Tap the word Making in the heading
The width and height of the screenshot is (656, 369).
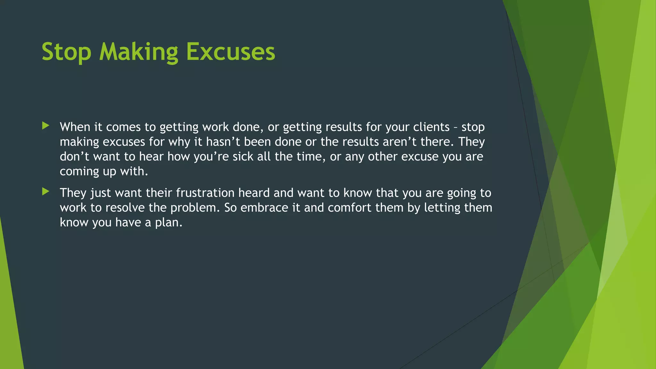[138, 52]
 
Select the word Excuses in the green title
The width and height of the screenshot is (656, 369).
[230, 52]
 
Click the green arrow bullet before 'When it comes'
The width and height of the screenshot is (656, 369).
[46, 126]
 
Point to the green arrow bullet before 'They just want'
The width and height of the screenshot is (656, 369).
[46, 192]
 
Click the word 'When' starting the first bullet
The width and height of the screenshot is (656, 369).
[75, 127]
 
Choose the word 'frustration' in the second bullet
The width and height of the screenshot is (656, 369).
[205, 193]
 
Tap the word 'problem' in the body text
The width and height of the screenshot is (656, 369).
[194, 208]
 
